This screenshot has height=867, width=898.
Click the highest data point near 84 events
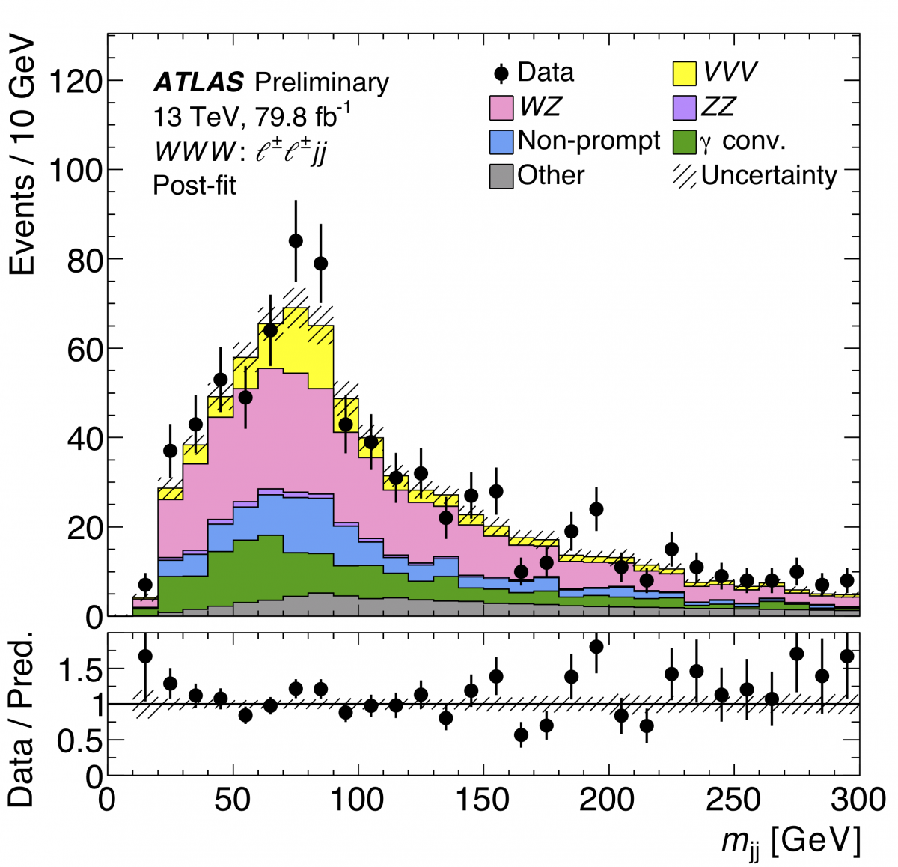point(296,240)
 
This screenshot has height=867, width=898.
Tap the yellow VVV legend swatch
point(685,73)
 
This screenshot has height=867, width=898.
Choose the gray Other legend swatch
point(501,176)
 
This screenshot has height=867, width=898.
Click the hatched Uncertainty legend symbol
point(685,176)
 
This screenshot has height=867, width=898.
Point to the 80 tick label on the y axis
point(85,259)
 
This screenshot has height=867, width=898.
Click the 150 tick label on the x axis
point(483,800)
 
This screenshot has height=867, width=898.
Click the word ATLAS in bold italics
point(198,82)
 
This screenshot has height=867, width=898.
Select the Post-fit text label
point(195,185)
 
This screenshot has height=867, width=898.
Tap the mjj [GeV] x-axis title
point(790,841)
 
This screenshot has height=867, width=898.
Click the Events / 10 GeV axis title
point(22,154)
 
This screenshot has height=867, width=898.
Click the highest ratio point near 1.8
point(596,646)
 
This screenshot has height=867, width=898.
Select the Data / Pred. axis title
point(22,718)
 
